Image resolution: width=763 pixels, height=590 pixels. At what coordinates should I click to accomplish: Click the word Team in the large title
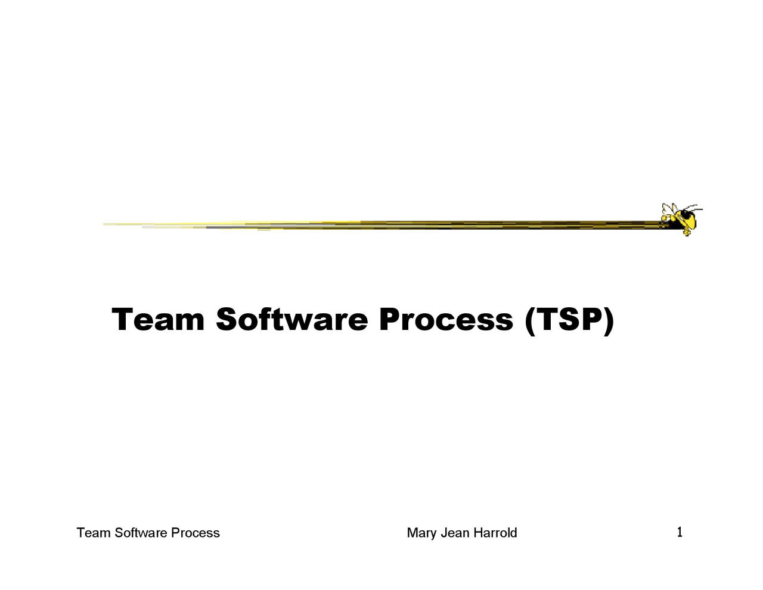coord(158,320)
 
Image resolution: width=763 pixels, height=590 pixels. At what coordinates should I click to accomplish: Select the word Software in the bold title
coord(291,320)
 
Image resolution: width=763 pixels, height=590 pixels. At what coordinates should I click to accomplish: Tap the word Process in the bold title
coord(445,320)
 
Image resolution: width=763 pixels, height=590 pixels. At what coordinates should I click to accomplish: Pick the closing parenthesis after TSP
coord(608,321)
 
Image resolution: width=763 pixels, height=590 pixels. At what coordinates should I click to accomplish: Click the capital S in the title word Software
coord(227,320)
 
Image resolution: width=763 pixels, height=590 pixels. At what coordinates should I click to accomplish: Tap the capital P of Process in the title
coord(390,320)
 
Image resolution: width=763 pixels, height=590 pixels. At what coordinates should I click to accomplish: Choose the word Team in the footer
coord(94,533)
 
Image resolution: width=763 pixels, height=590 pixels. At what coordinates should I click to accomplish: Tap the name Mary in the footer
coord(421,533)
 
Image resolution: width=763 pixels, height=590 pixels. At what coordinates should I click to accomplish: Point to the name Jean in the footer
coord(455,533)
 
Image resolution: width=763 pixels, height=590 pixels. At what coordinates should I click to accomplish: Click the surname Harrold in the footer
coord(495,533)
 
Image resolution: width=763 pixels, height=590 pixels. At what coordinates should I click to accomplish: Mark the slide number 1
coord(680,532)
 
